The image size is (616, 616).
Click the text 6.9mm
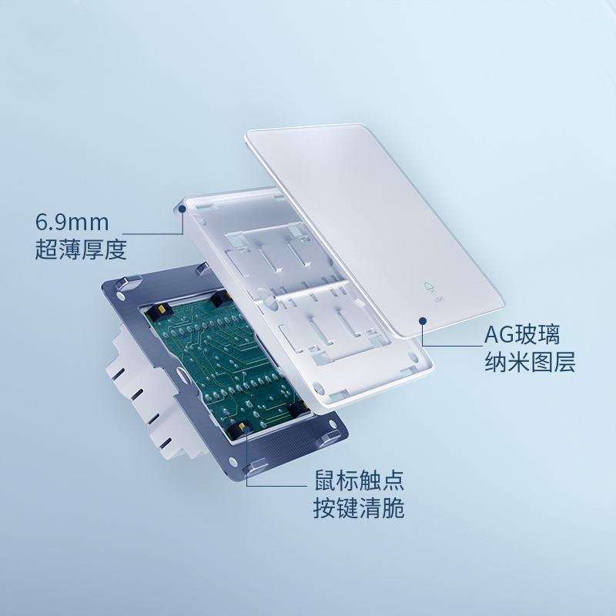[72, 222]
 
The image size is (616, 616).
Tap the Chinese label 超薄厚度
[81, 249]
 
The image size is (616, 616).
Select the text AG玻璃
[522, 335]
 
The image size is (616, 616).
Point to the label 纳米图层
[530, 361]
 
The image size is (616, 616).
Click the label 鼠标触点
[359, 480]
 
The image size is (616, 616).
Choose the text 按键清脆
[359, 508]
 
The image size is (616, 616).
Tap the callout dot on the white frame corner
[182, 209]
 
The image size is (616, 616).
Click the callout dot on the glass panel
[423, 321]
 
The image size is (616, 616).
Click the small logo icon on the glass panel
[430, 288]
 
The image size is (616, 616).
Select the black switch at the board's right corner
[300, 410]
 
